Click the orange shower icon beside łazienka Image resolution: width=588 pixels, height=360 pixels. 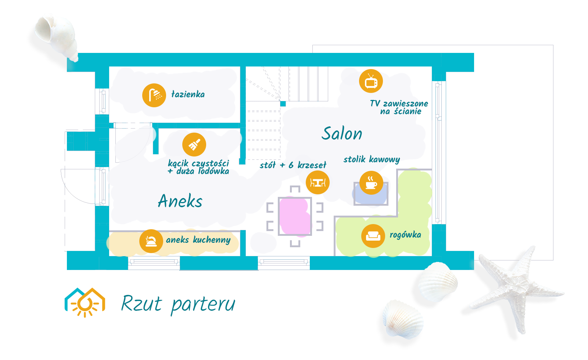click(x=154, y=95)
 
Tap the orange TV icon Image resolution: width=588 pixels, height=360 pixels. click(x=371, y=81)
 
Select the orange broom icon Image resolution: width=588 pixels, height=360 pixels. click(x=194, y=145)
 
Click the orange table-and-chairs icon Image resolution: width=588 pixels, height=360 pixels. click(x=318, y=182)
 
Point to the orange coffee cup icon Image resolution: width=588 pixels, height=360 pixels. click(x=371, y=183)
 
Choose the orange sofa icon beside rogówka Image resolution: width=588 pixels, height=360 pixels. click(x=373, y=236)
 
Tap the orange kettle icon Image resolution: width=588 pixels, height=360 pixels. click(x=151, y=241)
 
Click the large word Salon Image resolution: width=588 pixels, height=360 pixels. click(x=342, y=133)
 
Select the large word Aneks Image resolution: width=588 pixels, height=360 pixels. click(x=180, y=201)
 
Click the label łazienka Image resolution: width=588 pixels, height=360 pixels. click(x=188, y=94)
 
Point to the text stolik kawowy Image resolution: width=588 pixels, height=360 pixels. click(x=372, y=159)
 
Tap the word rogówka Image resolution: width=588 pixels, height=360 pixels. click(x=405, y=235)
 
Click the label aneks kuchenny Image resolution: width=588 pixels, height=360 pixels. click(x=198, y=240)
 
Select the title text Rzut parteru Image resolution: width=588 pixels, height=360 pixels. click(x=178, y=305)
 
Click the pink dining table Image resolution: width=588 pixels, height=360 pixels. click(x=295, y=216)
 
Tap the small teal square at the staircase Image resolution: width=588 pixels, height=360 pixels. click(x=283, y=104)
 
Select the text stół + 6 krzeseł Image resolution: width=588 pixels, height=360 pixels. click(x=293, y=165)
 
